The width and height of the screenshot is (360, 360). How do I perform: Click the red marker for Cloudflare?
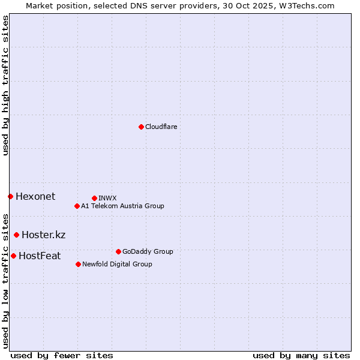tap(141, 127)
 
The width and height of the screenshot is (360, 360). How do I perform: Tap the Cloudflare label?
tap(161, 127)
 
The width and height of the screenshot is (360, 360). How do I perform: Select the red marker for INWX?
tap(94, 198)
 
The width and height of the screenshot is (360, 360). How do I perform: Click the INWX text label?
tap(107, 198)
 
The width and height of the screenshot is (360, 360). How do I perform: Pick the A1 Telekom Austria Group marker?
tap(77, 206)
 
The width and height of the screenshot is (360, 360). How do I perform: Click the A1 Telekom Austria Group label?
tap(122, 206)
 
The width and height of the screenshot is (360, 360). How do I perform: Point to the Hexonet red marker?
tap(10, 196)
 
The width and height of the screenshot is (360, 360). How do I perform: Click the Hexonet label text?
tap(35, 196)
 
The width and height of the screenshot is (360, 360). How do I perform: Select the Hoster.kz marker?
tap(16, 235)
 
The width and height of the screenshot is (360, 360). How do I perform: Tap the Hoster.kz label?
tap(43, 235)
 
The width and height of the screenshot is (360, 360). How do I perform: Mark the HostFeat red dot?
tap(13, 256)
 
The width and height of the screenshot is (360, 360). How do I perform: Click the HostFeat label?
tap(40, 256)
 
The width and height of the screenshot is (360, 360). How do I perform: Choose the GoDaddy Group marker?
tap(118, 251)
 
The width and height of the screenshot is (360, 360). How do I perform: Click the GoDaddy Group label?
tap(148, 251)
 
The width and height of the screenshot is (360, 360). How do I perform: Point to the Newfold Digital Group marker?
tap(78, 264)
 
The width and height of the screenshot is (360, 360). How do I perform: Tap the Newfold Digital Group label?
tap(117, 264)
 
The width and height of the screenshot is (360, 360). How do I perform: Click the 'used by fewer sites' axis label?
tap(62, 355)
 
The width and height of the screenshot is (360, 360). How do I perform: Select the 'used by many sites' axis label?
tap(301, 355)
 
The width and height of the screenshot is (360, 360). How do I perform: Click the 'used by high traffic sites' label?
tap(5, 85)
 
